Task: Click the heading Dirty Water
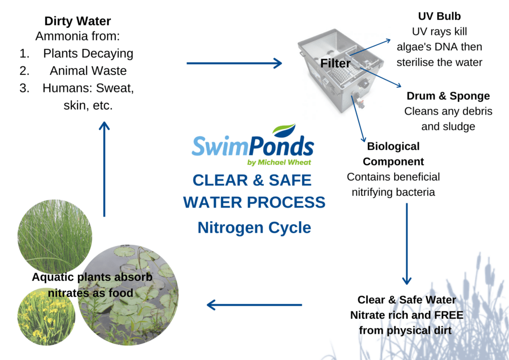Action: (77, 21)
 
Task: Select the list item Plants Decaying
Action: (88, 53)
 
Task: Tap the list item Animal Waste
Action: (88, 70)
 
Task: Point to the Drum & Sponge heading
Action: (448, 96)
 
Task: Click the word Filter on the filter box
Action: (335, 64)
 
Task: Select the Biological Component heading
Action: (393, 154)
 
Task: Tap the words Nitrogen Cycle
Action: (254, 226)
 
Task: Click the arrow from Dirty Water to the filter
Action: (234, 63)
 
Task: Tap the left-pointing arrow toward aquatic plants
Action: (254, 305)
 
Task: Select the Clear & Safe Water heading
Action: (406, 299)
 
